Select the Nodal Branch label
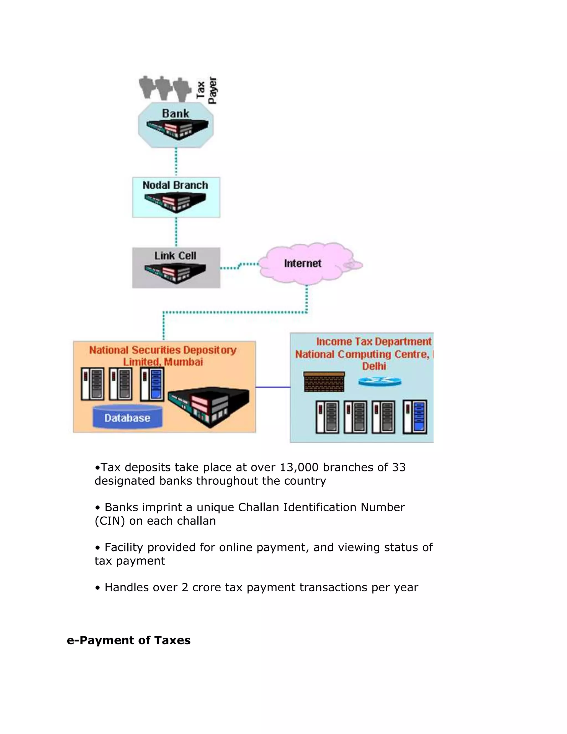coord(175,185)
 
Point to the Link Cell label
coord(175,256)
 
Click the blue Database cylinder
coord(127,417)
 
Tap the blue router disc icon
coord(380,381)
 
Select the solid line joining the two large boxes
coord(273,387)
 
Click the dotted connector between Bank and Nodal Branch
coord(176,162)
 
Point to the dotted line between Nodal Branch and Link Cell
coord(176,232)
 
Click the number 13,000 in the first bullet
coord(299,468)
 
